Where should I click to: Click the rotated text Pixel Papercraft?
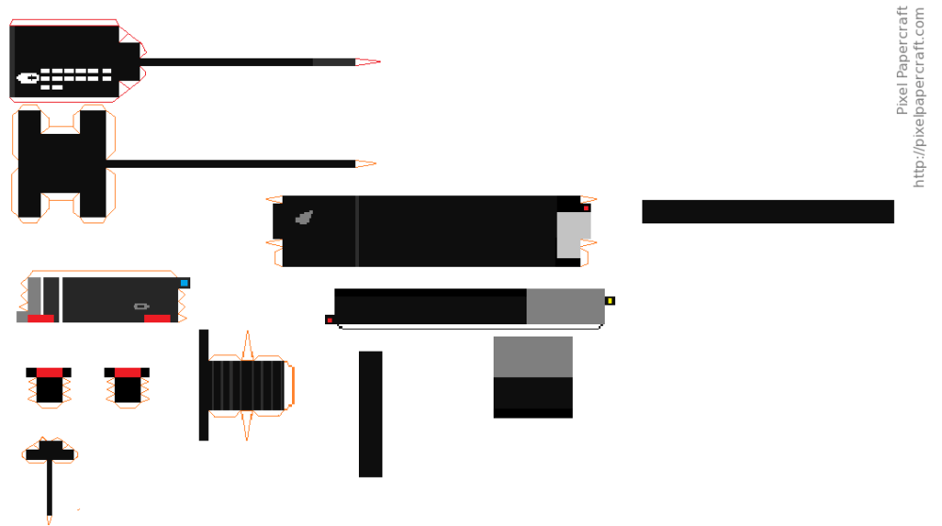[901, 60]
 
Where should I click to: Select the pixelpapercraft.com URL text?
[919, 97]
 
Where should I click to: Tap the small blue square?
[185, 283]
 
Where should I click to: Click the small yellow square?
[610, 301]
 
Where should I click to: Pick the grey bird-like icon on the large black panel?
[303, 218]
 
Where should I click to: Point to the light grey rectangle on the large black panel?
[573, 235]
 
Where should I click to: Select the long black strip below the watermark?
[768, 211]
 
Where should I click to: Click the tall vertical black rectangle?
[370, 414]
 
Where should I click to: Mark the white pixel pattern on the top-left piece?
[64, 76]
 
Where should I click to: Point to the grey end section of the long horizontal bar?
[565, 306]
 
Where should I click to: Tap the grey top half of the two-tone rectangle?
[533, 356]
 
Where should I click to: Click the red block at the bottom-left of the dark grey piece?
[41, 319]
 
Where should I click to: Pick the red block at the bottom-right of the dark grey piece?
[157, 319]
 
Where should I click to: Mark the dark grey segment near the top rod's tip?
[333, 62]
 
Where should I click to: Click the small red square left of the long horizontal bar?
[329, 320]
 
